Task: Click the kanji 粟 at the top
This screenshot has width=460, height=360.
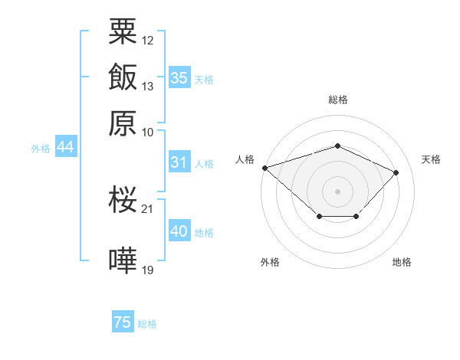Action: [123, 31]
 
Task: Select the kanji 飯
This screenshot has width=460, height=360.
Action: [123, 77]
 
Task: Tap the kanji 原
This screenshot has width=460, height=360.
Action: [123, 123]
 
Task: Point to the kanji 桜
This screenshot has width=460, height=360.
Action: [123, 199]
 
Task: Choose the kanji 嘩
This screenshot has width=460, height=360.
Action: [123, 260]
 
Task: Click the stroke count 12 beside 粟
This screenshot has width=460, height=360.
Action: [147, 41]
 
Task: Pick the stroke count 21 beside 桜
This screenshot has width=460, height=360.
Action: [147, 209]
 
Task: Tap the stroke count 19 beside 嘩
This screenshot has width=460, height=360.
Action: [147, 270]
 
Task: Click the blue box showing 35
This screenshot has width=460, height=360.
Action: [179, 77]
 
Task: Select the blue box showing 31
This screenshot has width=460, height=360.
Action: [179, 162]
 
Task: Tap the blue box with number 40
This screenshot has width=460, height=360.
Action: [179, 230]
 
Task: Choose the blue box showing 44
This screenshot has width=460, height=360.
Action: [66, 146]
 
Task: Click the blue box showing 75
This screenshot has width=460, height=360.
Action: [123, 321]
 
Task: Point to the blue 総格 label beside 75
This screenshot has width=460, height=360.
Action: [147, 324]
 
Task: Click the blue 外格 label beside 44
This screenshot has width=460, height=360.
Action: [41, 149]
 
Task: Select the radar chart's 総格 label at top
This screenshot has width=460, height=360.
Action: [338, 100]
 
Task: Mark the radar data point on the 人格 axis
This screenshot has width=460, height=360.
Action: [265, 168]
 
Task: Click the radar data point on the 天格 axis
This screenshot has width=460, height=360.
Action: [396, 172]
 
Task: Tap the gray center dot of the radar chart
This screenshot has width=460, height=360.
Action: [337, 191]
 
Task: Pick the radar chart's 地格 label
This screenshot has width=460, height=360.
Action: [402, 262]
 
